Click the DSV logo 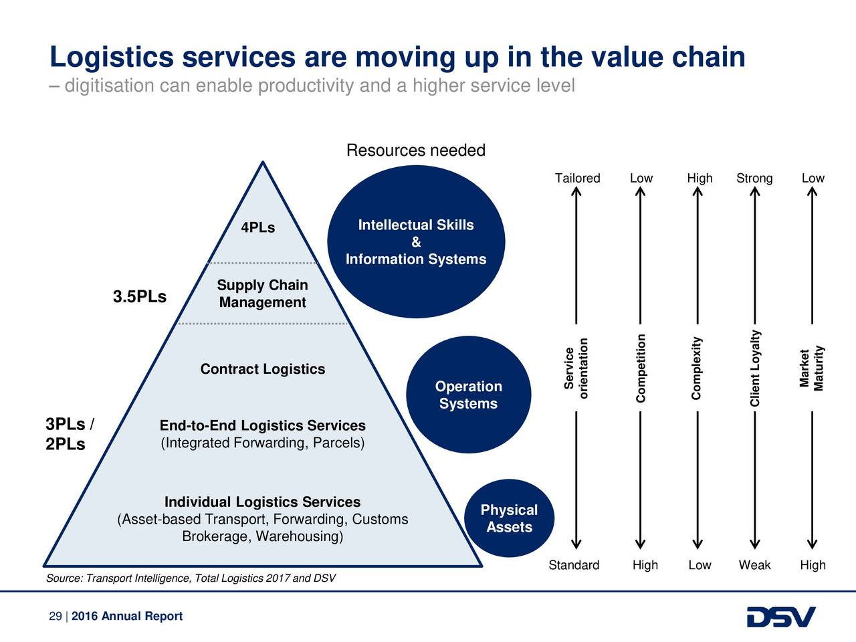pos(781,617)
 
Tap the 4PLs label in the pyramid pos(257,227)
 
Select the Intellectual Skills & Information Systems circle pos(416,241)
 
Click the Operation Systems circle pos(468,395)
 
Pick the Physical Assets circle pos(509,518)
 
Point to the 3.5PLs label pos(140,297)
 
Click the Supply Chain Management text pos(262,294)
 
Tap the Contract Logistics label pos(262,368)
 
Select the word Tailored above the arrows pos(577,178)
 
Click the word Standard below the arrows pos(574,565)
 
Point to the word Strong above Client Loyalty pos(754,178)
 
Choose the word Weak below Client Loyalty pos(754,565)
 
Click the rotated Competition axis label pos(641,368)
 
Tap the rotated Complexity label pos(696,368)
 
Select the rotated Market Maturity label pos(811,368)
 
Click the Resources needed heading pos(416,150)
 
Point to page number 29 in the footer pos(56,616)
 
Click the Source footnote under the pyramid pos(191,578)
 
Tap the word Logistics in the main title pos(112,57)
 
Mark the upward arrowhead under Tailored pos(576,191)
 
